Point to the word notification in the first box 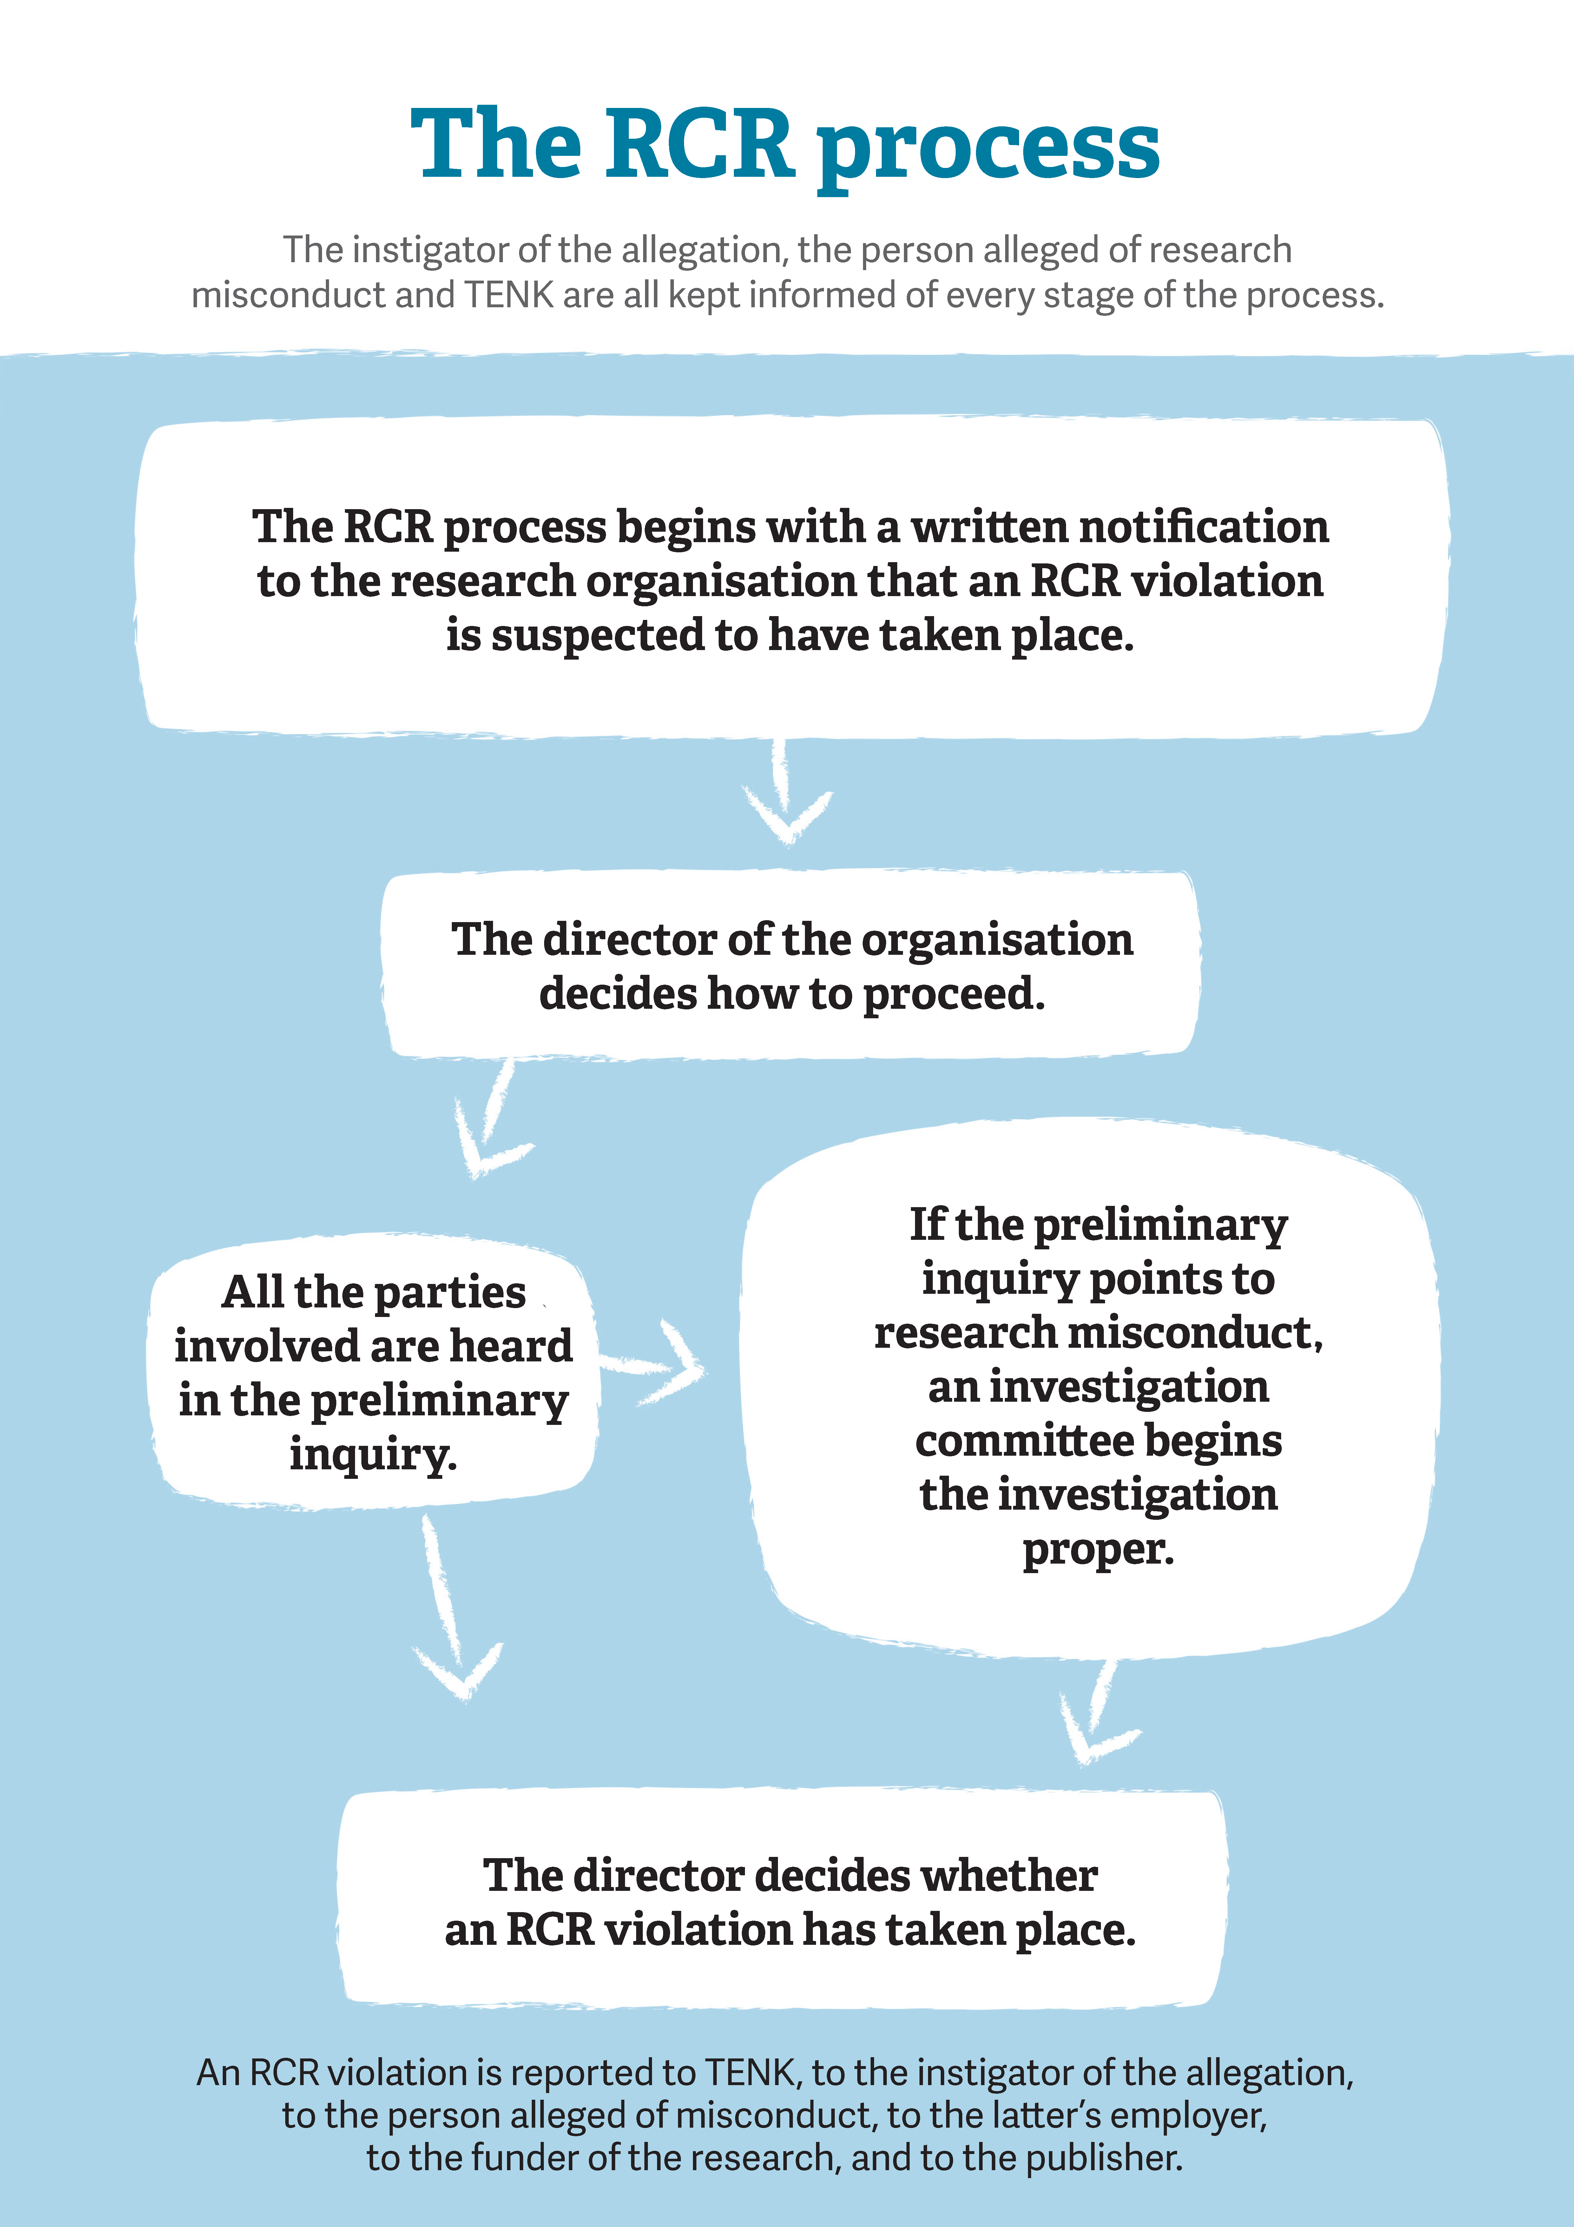(1203, 527)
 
